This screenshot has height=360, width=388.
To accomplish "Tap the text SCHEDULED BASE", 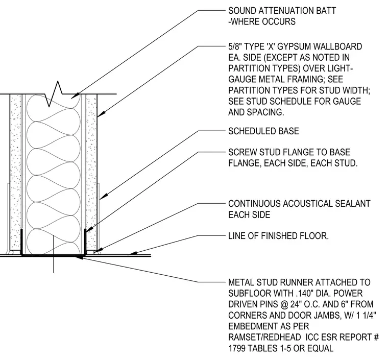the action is tap(263, 131).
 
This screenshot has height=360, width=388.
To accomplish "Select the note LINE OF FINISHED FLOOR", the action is tap(278, 236).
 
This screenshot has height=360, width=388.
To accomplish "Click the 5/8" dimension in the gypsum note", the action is tap(235, 46).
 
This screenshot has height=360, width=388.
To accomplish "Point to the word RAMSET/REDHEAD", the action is tap(264, 337).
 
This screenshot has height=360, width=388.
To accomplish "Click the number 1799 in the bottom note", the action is tap(237, 348).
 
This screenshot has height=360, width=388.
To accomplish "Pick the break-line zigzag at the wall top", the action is tap(54, 94).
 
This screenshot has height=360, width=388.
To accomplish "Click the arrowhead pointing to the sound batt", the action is tap(75, 96).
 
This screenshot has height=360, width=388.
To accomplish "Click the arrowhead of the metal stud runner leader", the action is tap(79, 257).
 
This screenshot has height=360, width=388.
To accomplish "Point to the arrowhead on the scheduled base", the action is tap(104, 197).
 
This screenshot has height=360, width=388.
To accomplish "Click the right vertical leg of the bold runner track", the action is tap(85, 242).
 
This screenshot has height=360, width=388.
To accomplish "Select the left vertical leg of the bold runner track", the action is tap(21, 242).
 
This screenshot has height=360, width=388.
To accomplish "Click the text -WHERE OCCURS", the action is tap(262, 22).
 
